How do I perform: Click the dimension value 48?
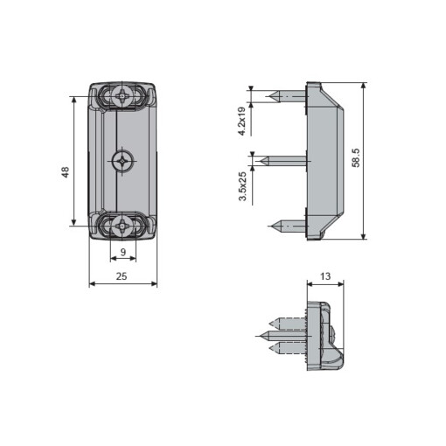tap(65, 173)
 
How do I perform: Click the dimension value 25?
tap(122, 275)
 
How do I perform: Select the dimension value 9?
tap(122, 252)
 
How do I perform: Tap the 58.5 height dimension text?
tap(356, 159)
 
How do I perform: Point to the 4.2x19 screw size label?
tap(241, 120)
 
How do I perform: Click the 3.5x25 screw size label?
tap(241, 186)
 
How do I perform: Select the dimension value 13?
tap(325, 275)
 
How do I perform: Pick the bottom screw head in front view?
tap(123, 226)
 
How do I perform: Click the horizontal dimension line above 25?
tap(122, 283)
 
